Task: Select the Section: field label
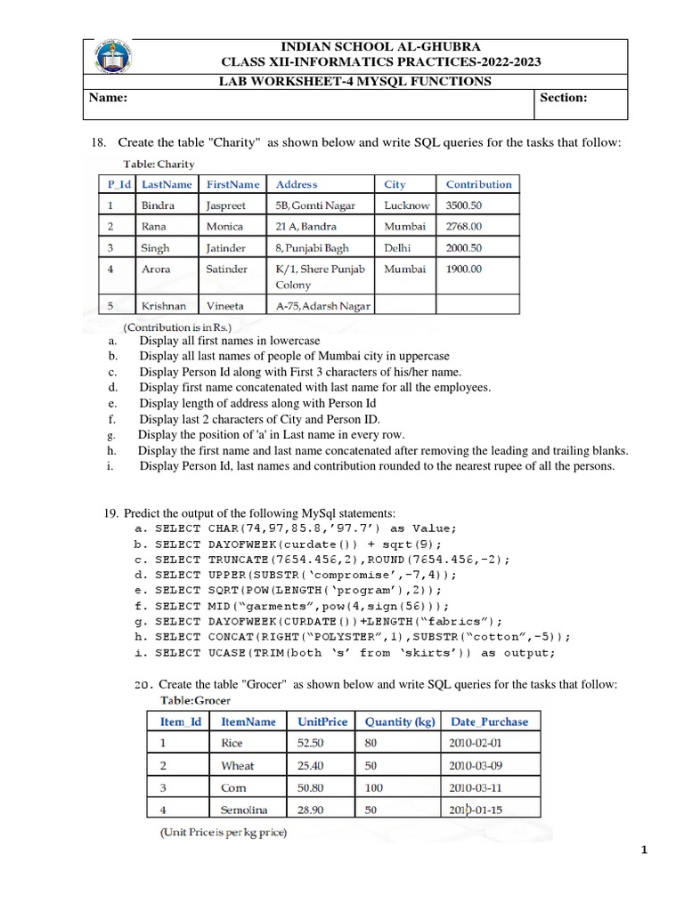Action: coord(563,99)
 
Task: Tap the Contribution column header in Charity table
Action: coord(478,184)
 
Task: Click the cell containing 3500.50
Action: coord(464,206)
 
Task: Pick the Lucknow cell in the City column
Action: coord(406,206)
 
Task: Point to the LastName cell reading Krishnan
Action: coord(164,306)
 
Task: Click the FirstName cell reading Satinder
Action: coord(227,269)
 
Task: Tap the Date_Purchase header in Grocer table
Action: coord(489,722)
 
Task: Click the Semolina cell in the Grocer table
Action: coord(244,810)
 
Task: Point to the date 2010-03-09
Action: coord(476,765)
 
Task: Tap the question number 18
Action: coord(99,143)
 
